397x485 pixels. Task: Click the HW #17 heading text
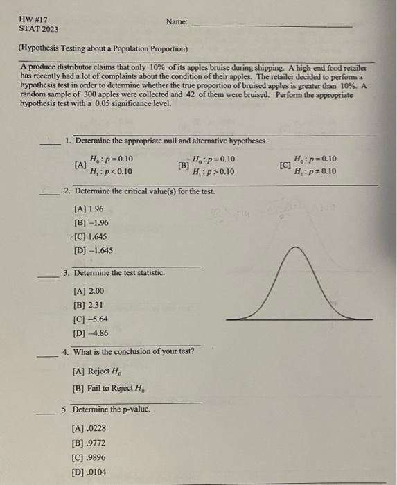[33, 19]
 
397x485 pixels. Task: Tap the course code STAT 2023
[39, 29]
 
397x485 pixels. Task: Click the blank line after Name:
[270, 26]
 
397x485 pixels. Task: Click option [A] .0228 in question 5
[89, 428]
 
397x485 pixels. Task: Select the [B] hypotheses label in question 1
[183, 166]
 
